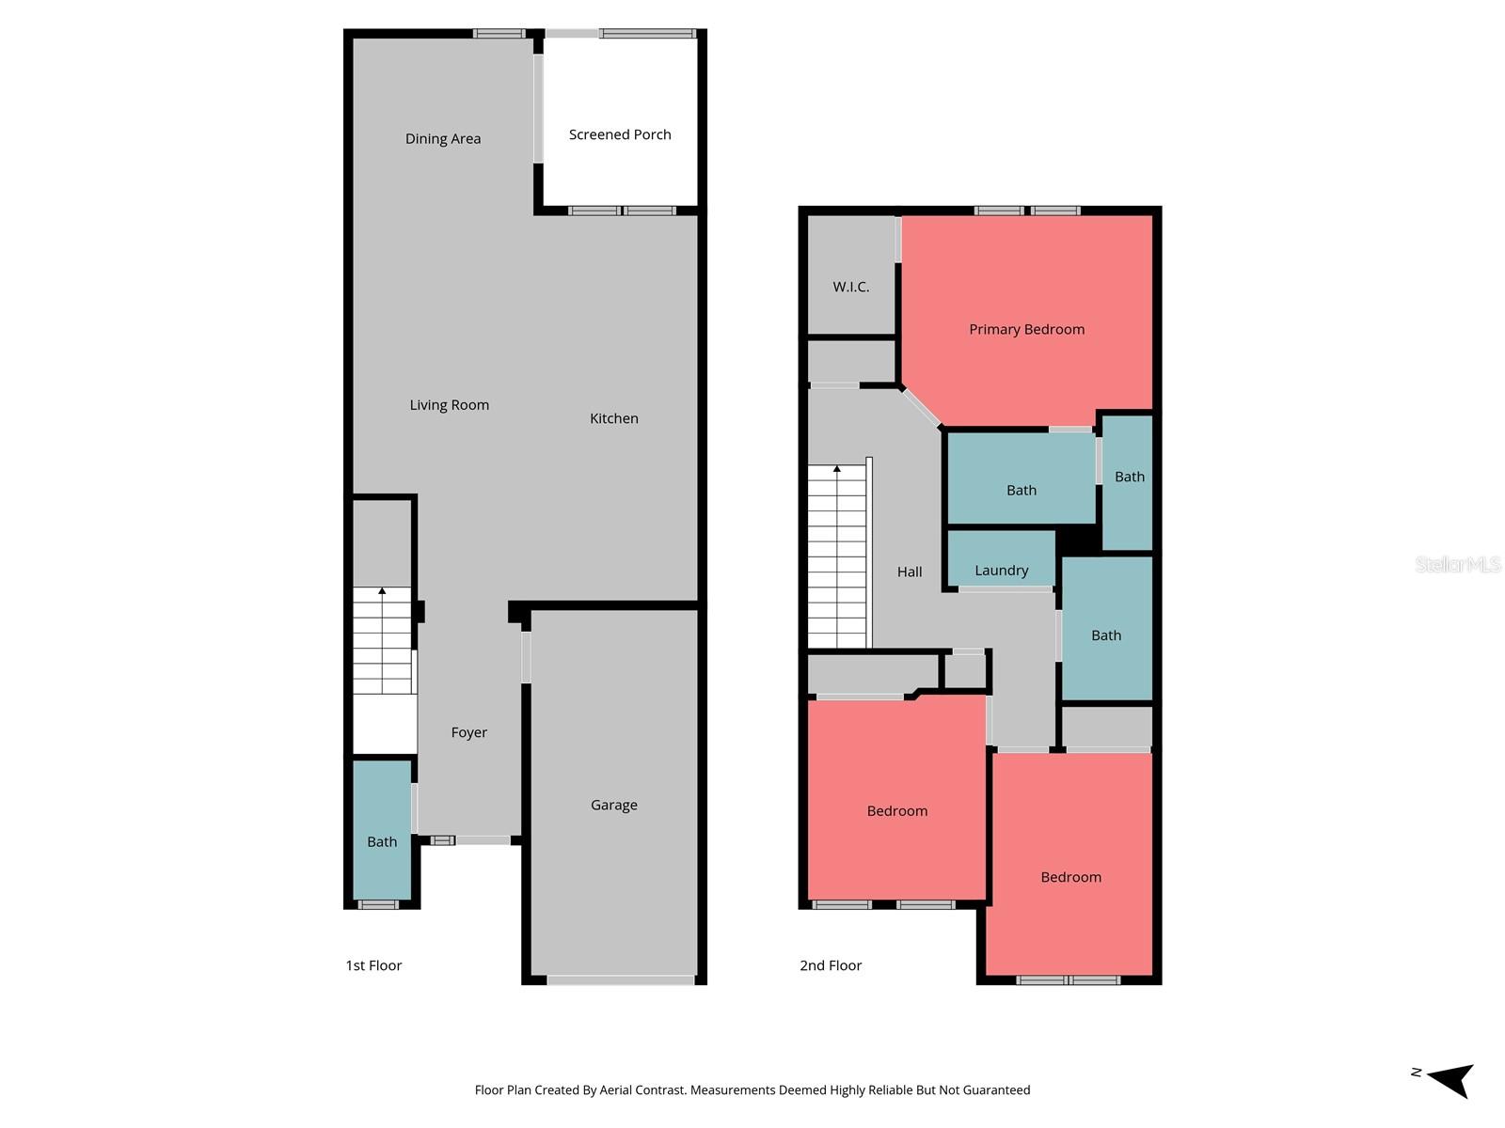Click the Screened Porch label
(x=620, y=134)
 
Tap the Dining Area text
(x=443, y=138)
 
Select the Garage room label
(x=614, y=805)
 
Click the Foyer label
(x=468, y=732)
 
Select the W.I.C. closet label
(x=851, y=287)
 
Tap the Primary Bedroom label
(x=1026, y=329)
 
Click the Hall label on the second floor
(x=910, y=572)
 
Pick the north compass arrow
(x=1449, y=1079)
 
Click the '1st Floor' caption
(x=373, y=965)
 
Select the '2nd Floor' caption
(x=831, y=965)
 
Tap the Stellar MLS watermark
(x=1457, y=564)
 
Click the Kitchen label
(x=614, y=418)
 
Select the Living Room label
(x=449, y=405)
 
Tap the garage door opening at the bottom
(x=621, y=980)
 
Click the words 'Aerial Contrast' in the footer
(x=642, y=1090)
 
